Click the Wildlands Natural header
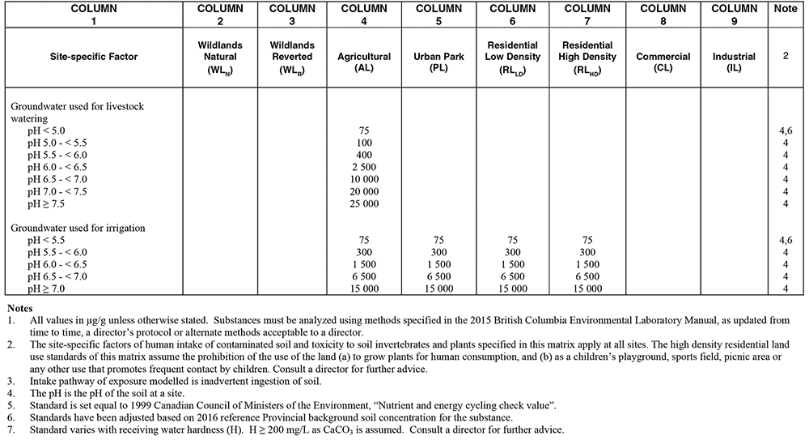point(218,57)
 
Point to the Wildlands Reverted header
point(292,57)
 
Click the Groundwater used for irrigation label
point(78,229)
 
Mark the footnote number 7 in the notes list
point(9,428)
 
